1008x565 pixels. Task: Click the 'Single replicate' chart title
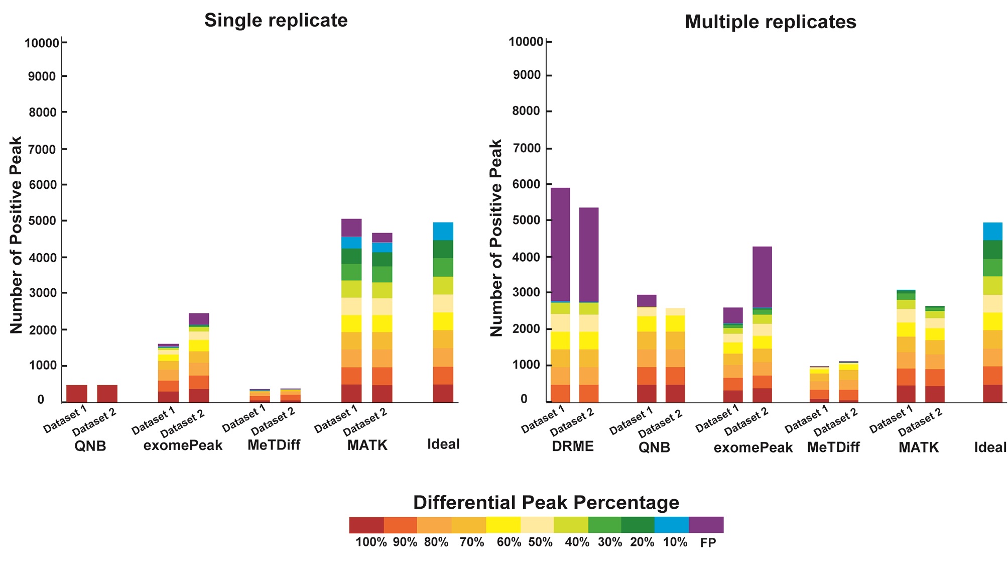[276, 21]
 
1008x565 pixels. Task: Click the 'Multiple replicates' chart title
[770, 22]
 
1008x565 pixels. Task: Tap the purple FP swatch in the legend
[706, 525]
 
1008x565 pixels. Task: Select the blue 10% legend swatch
[672, 525]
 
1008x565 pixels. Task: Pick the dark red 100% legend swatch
[366, 525]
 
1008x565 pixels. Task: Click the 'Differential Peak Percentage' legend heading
[546, 502]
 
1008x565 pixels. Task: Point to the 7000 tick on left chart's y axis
[44, 149]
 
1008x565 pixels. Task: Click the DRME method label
[572, 446]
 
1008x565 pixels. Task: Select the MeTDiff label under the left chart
[274, 445]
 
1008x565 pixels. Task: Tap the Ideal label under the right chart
[990, 447]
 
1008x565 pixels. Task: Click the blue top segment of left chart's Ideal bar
[443, 231]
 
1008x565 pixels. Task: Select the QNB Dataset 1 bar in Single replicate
[77, 393]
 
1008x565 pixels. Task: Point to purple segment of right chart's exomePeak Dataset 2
[762, 276]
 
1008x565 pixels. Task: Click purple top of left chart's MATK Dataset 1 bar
[351, 228]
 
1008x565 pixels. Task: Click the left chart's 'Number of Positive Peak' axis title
[17, 235]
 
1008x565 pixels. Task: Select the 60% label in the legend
[508, 542]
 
